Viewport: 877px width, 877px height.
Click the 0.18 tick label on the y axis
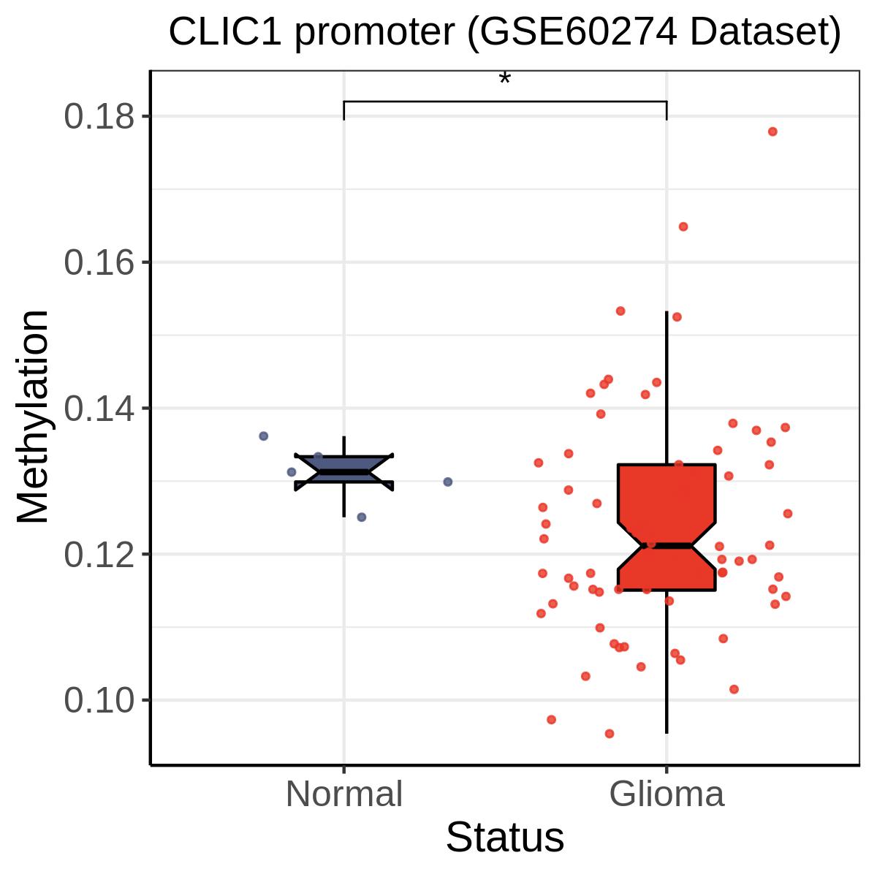point(99,117)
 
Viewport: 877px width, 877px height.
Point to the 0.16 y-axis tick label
point(99,262)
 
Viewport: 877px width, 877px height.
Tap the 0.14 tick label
point(99,409)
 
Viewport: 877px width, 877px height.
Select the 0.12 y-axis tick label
point(99,555)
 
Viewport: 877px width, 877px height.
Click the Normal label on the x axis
point(344,794)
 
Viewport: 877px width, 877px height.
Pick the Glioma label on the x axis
point(667,794)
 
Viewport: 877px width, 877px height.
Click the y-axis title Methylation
point(33,417)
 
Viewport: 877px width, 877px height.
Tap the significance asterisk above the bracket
point(505,78)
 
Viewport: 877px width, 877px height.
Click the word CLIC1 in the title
point(225,32)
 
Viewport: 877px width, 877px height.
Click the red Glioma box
point(667,528)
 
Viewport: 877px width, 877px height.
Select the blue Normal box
point(344,472)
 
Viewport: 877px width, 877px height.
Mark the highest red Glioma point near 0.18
point(772,132)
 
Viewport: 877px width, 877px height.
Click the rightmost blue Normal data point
point(448,482)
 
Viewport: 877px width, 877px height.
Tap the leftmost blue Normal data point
point(264,436)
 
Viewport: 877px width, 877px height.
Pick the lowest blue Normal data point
point(361,517)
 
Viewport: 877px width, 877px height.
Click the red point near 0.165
point(683,227)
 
